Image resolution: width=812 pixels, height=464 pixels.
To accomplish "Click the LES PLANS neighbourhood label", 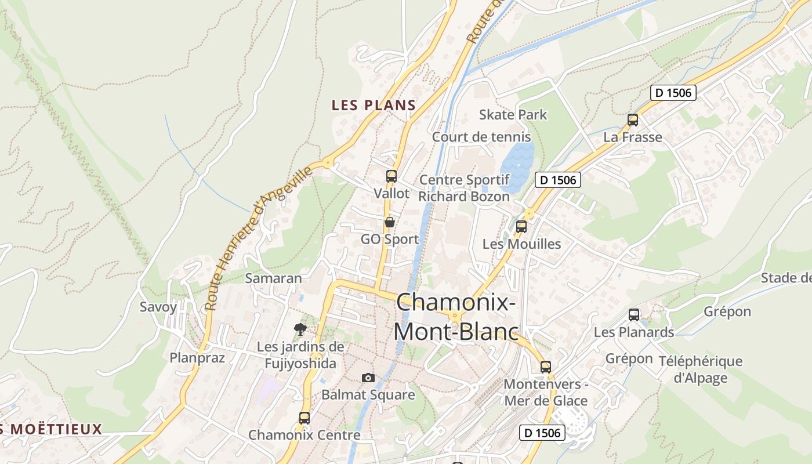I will (374, 105).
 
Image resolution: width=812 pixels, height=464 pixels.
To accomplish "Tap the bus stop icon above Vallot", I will (391, 176).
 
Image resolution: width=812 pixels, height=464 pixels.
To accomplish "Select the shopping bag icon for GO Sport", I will (390, 222).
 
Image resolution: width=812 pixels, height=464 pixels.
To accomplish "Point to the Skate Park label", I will (513, 114).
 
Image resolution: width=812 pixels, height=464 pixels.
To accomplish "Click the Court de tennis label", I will (481, 137).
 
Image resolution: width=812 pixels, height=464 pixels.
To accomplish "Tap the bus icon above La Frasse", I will (633, 120).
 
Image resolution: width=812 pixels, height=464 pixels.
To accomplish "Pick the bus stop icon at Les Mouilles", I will (521, 227).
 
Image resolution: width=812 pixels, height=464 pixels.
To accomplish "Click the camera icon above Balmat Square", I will (368, 378).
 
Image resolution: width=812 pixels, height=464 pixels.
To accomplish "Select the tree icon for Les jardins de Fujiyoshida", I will (300, 329).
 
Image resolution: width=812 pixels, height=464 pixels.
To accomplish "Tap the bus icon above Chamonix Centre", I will (304, 418).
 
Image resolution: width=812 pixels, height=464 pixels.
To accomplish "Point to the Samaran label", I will (274, 278).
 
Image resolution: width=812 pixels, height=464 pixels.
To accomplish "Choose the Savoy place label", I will (158, 307).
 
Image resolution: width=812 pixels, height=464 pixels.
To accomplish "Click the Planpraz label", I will (197, 357).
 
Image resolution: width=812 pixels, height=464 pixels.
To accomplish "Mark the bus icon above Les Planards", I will (634, 315).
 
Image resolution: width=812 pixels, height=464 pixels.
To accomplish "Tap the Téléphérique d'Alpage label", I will (700, 369).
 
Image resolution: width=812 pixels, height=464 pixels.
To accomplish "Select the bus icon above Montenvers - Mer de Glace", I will (546, 367).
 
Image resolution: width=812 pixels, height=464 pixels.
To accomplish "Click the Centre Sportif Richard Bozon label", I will (464, 188).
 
